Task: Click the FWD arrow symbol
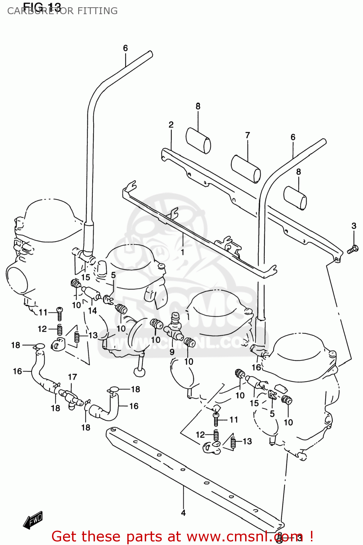pos(33,521)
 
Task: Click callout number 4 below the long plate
pos(183,513)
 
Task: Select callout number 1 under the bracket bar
pos(183,252)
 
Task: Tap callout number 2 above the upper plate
pos(171,125)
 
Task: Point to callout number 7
pos(247,135)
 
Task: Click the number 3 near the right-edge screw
pos(354,226)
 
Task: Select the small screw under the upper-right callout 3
pos(352,249)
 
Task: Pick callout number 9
pos(172,352)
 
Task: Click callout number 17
pos(72,377)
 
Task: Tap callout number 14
pos(92,311)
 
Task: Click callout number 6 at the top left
pos(125,48)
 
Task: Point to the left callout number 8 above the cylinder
pos(198,106)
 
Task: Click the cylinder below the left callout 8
pos(198,141)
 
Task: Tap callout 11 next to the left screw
pos(43,312)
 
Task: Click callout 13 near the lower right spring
pos(247,441)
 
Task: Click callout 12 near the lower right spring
pos(200,435)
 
